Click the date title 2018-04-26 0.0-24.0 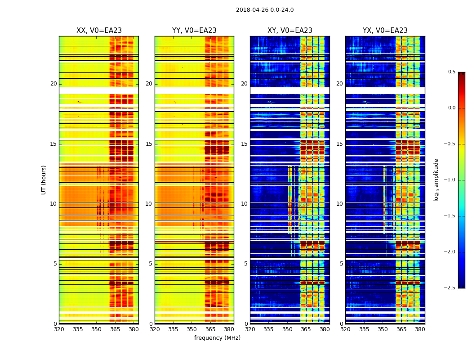(x=265, y=10)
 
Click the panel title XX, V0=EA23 (x=99, y=31)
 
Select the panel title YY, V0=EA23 (x=194, y=31)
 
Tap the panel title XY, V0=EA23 (x=290, y=31)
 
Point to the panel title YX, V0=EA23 (x=385, y=31)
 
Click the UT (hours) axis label (x=44, y=180)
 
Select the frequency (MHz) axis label (x=217, y=338)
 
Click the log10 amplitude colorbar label (x=436, y=180)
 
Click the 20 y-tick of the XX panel (x=53, y=84)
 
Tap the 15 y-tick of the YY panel (x=149, y=144)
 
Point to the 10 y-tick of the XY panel (x=245, y=204)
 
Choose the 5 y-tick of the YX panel (x=341, y=264)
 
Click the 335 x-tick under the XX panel (x=78, y=329)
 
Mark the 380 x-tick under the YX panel (x=420, y=329)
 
